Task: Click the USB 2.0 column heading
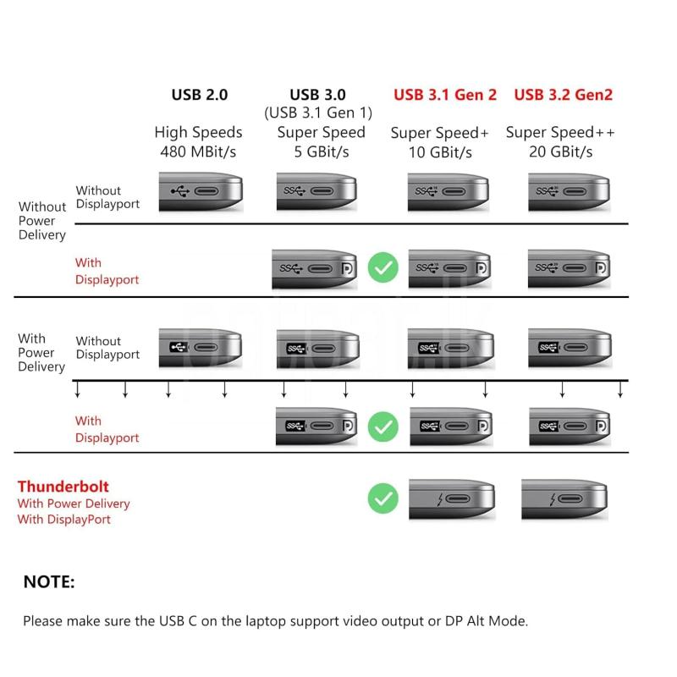click(200, 95)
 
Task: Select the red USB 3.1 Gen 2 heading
click(445, 95)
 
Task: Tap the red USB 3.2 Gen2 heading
click(563, 95)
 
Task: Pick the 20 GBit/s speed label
click(560, 152)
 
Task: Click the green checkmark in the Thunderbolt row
click(383, 498)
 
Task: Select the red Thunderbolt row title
click(63, 487)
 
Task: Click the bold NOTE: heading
click(49, 581)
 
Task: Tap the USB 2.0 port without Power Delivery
click(200, 192)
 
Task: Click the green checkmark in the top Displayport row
click(384, 268)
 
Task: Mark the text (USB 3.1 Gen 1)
click(317, 113)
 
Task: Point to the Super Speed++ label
click(560, 133)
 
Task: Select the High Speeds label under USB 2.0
click(198, 133)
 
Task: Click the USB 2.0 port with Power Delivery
click(200, 347)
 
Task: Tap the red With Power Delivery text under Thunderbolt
click(74, 504)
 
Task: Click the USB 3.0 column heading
click(317, 95)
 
